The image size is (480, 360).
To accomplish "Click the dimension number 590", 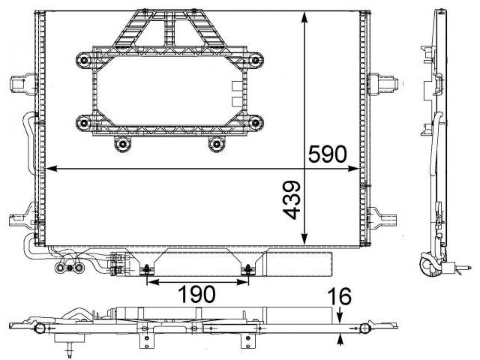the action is (327, 154).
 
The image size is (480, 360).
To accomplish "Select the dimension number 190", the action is (196, 294).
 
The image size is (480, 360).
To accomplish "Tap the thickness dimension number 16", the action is (339, 296).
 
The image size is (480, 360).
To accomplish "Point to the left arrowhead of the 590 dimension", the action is (51, 168).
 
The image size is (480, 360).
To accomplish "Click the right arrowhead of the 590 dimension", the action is (353, 168).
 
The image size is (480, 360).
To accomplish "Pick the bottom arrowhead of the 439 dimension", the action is (304, 239).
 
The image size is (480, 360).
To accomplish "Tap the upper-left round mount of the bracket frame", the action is (83, 60).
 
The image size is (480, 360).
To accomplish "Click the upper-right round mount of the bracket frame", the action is (255, 60).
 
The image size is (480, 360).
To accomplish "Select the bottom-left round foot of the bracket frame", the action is (123, 144).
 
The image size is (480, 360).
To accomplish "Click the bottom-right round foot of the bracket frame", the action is (216, 144).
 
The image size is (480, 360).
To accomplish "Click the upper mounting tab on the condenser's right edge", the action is (383, 83).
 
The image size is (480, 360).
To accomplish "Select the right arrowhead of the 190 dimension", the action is (242, 282).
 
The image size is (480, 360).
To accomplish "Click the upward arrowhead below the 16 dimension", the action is (339, 338).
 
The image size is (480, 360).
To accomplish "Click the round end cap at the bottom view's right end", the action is (364, 328).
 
